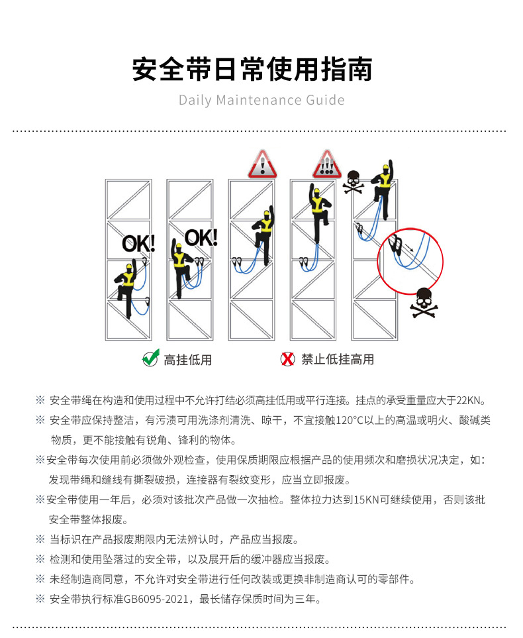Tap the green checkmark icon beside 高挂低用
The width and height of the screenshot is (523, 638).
[150, 358]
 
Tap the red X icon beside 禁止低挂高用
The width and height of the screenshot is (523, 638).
[287, 359]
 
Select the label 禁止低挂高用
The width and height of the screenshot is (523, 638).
[338, 359]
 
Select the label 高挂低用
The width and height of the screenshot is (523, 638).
[188, 360]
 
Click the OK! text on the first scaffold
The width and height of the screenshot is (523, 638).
[138, 243]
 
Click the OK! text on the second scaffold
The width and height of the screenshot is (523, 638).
[201, 237]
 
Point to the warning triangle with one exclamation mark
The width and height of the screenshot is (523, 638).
[263, 164]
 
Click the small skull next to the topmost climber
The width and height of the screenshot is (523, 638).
[352, 181]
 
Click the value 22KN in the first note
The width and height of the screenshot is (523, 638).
[471, 400]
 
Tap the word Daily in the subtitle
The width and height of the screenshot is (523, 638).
[195, 101]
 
